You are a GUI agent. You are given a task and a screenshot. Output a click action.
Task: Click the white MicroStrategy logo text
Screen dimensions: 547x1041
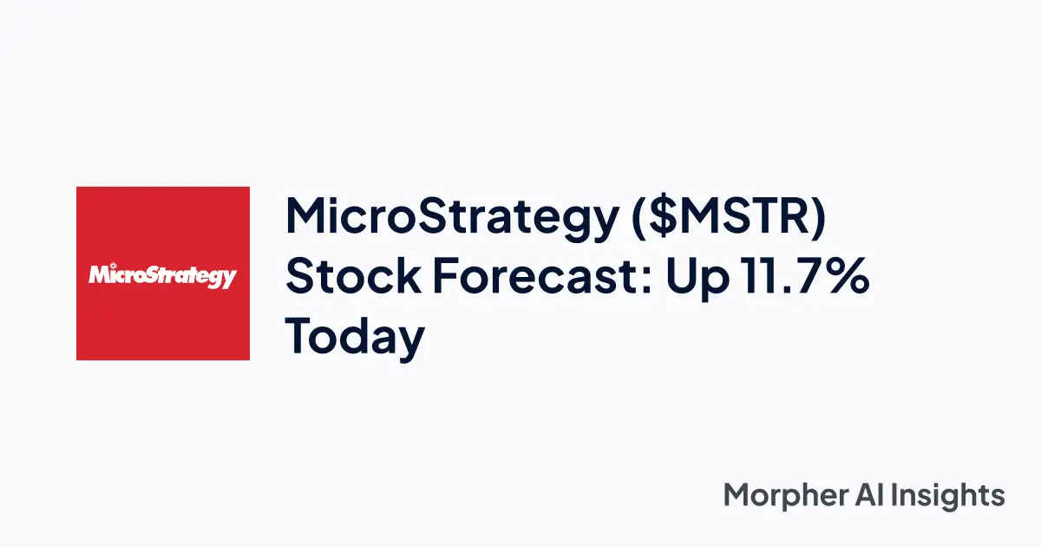(x=162, y=275)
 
